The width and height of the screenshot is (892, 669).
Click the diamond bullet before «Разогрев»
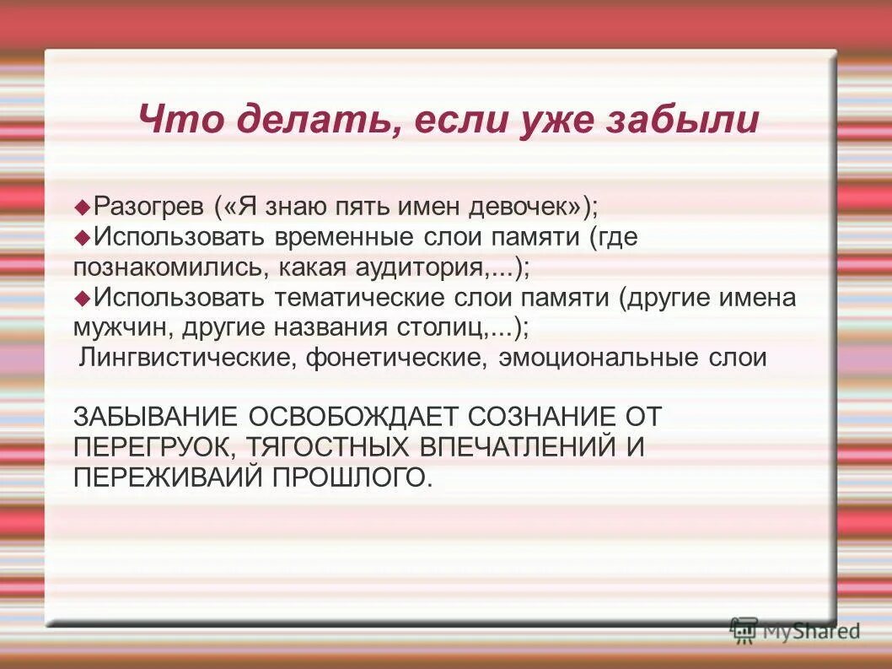83,206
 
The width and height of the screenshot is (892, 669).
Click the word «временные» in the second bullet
329,237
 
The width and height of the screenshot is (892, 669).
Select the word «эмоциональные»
594,358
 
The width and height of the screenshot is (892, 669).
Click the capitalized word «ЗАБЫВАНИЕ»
155,417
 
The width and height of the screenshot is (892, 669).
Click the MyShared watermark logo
795,629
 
